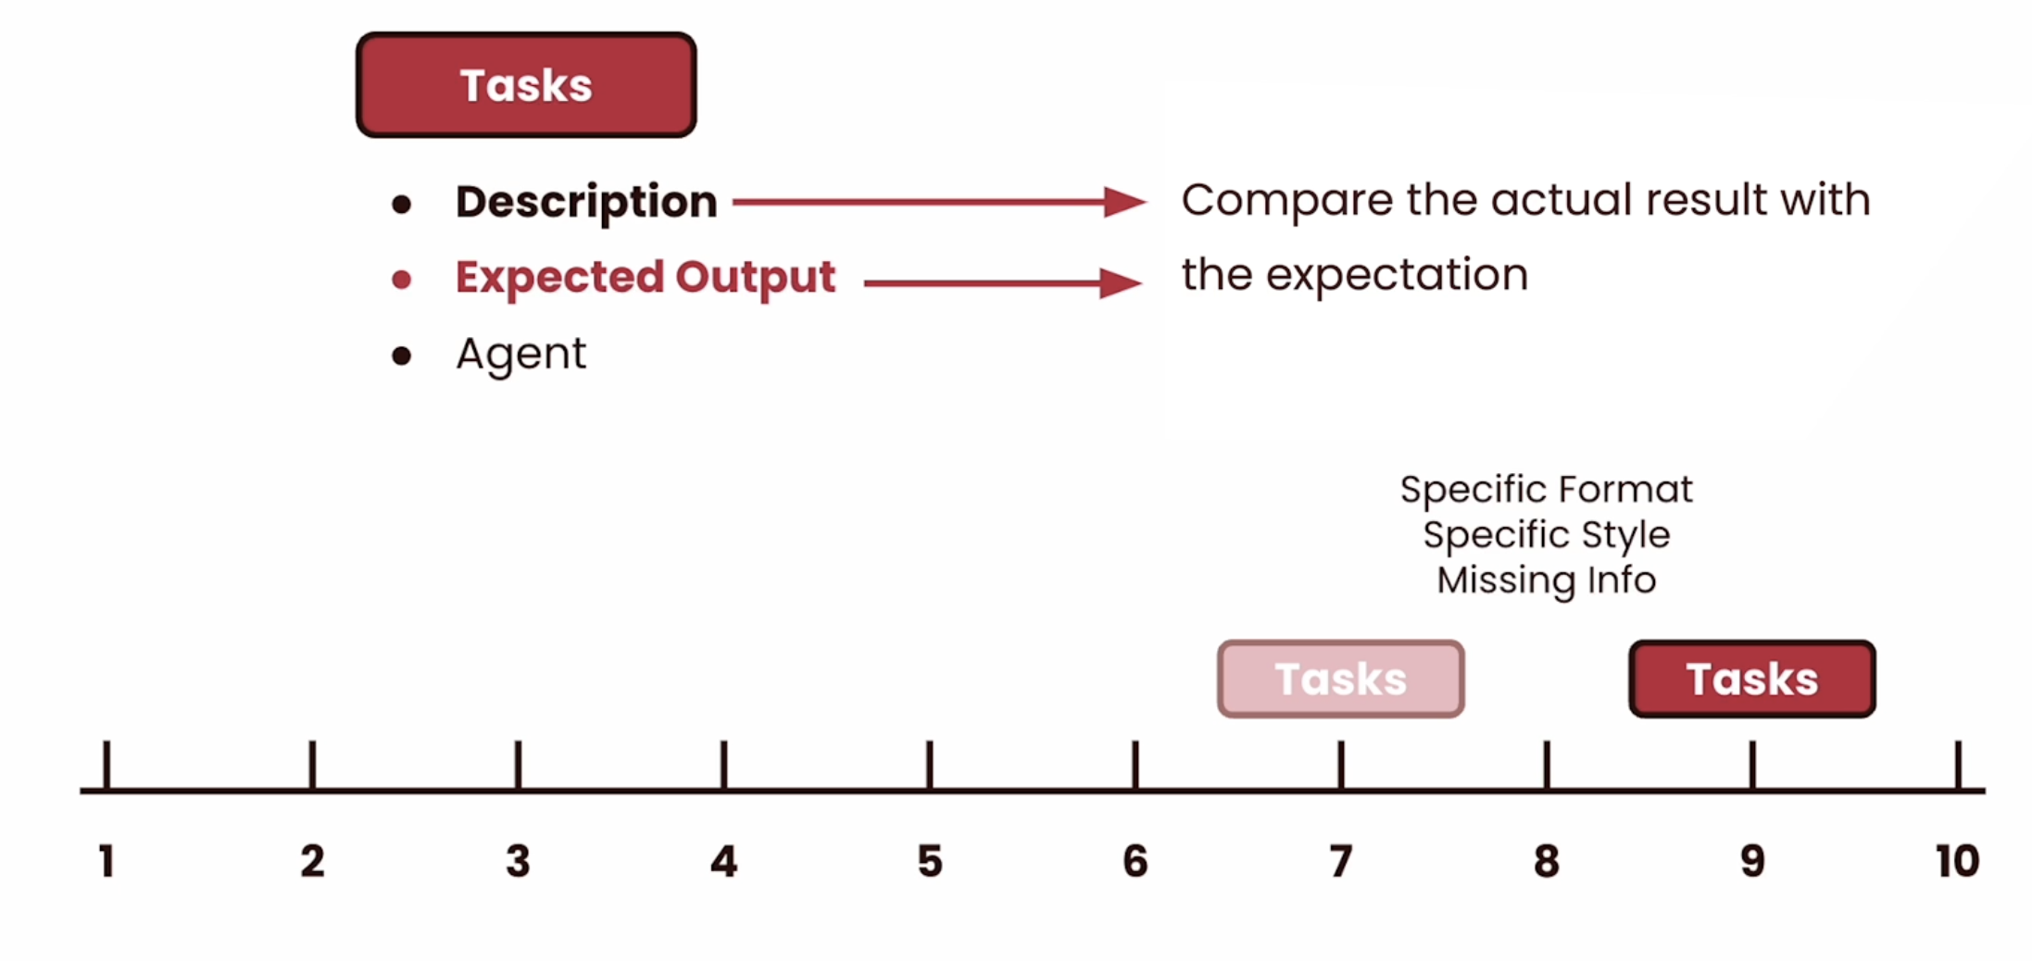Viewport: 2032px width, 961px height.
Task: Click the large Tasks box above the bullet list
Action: [526, 85]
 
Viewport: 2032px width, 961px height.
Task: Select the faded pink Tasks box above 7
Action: [1340, 679]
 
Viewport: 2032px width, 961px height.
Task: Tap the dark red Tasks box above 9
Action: [1752, 679]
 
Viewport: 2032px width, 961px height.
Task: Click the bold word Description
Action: [586, 202]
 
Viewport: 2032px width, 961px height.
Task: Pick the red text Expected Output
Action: [646, 277]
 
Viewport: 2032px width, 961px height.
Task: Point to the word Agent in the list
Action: [521, 355]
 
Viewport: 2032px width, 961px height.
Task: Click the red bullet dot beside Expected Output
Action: [401, 280]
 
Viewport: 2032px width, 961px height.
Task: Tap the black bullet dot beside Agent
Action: [401, 356]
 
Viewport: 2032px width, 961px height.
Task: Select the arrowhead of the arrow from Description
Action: [1125, 202]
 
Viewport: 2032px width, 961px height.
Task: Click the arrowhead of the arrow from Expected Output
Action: [1121, 283]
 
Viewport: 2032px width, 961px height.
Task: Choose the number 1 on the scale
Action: [107, 861]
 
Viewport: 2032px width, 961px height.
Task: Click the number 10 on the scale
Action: [1957, 861]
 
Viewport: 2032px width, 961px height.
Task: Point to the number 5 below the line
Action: [930, 861]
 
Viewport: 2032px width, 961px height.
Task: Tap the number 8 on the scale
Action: [1547, 861]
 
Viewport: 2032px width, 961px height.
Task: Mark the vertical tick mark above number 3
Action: [518, 765]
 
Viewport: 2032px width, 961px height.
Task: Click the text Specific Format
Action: [1547, 490]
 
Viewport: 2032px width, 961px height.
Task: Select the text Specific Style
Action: [1547, 535]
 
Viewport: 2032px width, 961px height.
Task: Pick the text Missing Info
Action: [1547, 580]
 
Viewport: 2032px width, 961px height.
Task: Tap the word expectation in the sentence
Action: [1397, 276]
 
